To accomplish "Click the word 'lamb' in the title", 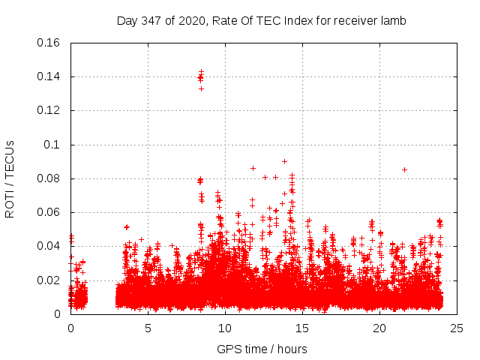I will point(394,21).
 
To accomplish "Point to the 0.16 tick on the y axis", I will point(49,43).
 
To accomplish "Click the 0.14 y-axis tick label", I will point(49,76).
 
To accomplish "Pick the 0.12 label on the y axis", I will point(49,110).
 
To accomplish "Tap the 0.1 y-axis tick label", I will point(52,145).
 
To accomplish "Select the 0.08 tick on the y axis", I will point(49,178).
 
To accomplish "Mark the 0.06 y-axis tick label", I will point(49,212).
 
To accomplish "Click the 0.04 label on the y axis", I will point(49,246).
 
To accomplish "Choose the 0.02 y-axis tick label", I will point(49,280).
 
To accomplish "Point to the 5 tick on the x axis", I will point(148,328).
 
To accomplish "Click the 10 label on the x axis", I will point(225,328).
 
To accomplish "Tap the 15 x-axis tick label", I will point(302,328).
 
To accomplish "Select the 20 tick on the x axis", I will point(379,328).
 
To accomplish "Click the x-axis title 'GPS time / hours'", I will point(262,349).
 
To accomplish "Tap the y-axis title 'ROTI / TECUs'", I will point(10,178).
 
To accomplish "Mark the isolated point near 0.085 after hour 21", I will point(404,169).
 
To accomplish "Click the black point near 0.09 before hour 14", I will point(284,161).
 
